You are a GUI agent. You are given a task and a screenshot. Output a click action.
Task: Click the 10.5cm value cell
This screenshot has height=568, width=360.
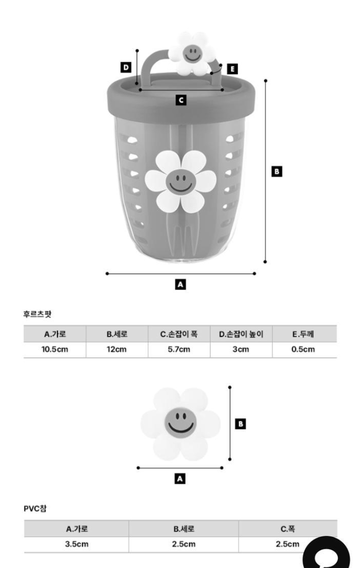click(x=55, y=350)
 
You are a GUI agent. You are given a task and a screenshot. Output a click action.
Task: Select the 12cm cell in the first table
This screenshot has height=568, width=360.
click(x=117, y=350)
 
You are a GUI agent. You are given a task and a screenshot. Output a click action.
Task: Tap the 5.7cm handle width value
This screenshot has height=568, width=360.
click(x=179, y=350)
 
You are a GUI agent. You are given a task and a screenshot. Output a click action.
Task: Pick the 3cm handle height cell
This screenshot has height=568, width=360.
click(x=241, y=350)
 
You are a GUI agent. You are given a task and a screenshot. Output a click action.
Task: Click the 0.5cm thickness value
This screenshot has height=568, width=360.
click(x=303, y=350)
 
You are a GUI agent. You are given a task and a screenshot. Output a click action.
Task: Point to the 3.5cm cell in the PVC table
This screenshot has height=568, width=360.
click(x=76, y=544)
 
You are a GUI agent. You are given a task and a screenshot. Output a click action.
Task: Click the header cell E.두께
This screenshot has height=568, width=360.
click(x=303, y=334)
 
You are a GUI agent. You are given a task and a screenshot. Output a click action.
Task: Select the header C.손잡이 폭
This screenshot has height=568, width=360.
click(x=179, y=334)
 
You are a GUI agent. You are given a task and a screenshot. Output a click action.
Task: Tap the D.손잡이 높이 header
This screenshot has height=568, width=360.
click(x=241, y=334)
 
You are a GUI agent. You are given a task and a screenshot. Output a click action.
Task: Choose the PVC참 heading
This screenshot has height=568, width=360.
click(x=35, y=509)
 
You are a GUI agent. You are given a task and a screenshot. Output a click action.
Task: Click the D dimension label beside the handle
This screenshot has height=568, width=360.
click(x=126, y=67)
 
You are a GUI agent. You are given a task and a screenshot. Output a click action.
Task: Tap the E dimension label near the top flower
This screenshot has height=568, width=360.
click(x=232, y=69)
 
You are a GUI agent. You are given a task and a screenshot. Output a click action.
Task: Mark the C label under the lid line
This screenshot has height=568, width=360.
click(x=180, y=100)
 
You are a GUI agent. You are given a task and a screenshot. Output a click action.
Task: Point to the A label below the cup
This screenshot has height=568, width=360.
click(x=180, y=285)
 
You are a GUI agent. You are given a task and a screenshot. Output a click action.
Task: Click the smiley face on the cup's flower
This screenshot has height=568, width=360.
click(x=180, y=181)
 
